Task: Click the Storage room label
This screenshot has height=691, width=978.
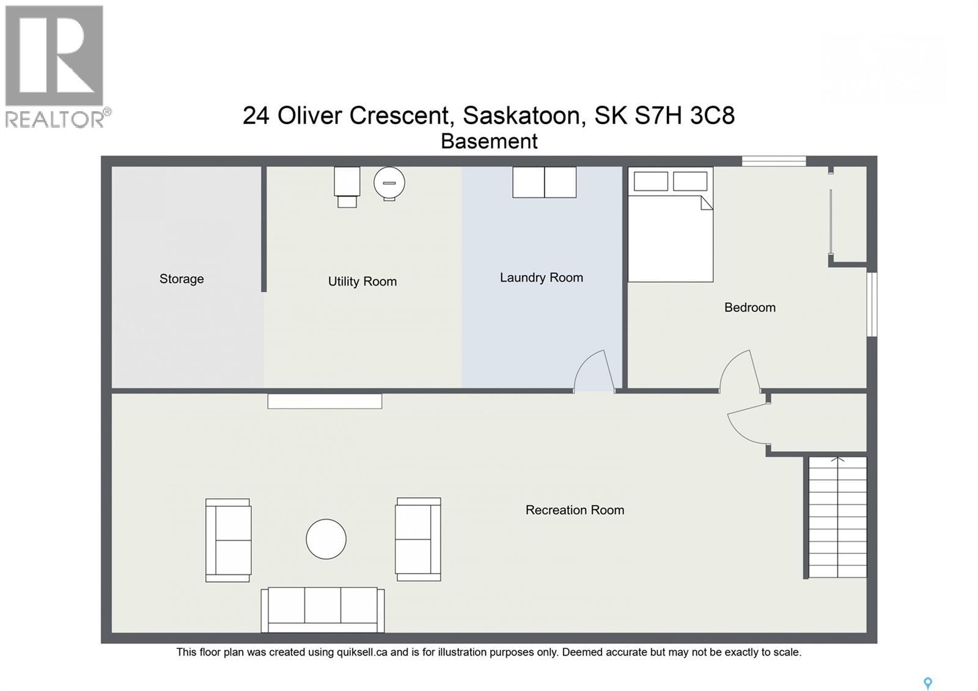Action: click(x=182, y=279)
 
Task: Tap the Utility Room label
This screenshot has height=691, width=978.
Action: click(x=362, y=281)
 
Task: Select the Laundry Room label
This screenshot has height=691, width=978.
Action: click(x=541, y=278)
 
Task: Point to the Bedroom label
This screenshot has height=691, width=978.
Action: click(x=749, y=308)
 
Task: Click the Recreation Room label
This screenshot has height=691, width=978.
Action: click(x=575, y=510)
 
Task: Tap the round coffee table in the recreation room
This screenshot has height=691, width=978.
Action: click(x=326, y=539)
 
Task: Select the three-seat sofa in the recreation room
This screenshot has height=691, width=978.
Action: click(x=323, y=610)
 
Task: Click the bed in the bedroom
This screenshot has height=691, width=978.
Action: click(x=671, y=232)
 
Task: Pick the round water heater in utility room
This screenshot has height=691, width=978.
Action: click(x=389, y=183)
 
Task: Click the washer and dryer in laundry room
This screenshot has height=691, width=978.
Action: click(x=544, y=182)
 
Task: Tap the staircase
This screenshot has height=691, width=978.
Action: click(x=837, y=517)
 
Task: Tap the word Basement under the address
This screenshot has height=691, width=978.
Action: click(x=489, y=141)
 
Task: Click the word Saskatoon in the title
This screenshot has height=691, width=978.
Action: click(x=521, y=115)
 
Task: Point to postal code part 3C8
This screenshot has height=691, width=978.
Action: click(x=712, y=115)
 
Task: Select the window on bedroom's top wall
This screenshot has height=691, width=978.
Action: click(x=774, y=161)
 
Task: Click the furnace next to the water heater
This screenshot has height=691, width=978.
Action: click(x=347, y=186)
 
